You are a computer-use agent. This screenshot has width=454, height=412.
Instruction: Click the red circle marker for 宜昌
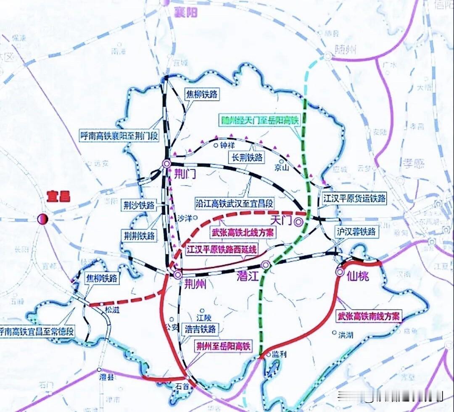coord(43,219)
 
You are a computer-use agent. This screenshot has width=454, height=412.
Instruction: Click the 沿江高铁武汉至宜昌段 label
coord(235,203)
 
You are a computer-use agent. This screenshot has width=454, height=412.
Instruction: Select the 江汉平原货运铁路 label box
coord(354,198)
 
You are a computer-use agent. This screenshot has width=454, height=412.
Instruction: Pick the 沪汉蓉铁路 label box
coord(356,231)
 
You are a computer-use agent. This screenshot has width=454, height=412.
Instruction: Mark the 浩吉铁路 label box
coord(201,329)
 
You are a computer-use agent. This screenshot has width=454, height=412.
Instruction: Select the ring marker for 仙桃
coord(340,272)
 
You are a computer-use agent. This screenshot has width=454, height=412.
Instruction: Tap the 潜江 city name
coord(247,278)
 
